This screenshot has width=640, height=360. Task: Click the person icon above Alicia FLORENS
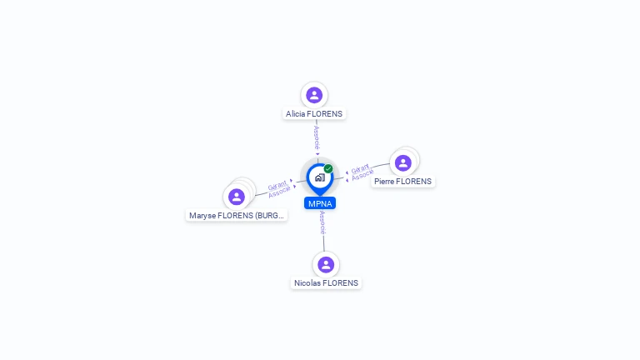click(x=314, y=95)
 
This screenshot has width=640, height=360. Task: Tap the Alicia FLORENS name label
click(x=314, y=114)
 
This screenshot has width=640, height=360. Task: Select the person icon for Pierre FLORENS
click(x=403, y=162)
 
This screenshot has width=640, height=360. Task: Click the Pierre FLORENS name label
click(x=403, y=182)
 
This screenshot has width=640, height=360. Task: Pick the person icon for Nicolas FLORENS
click(x=326, y=264)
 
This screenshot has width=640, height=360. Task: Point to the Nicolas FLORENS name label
click(x=326, y=283)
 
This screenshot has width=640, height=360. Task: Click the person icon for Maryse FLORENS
click(x=237, y=197)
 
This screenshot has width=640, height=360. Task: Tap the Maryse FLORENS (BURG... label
click(x=237, y=215)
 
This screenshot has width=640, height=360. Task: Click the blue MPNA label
click(x=320, y=203)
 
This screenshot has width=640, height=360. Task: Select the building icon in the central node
click(x=319, y=177)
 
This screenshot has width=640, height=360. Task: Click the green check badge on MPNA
click(x=328, y=168)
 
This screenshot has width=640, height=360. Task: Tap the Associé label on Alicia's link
click(x=317, y=138)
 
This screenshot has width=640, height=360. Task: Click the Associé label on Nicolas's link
click(x=322, y=222)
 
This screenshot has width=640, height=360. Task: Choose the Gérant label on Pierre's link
click(x=360, y=169)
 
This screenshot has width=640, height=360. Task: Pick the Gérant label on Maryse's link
click(x=277, y=186)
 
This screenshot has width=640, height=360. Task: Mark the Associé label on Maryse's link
click(x=279, y=193)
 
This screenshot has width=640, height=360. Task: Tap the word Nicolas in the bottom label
click(x=307, y=283)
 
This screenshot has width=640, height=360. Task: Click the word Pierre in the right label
click(x=384, y=182)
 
